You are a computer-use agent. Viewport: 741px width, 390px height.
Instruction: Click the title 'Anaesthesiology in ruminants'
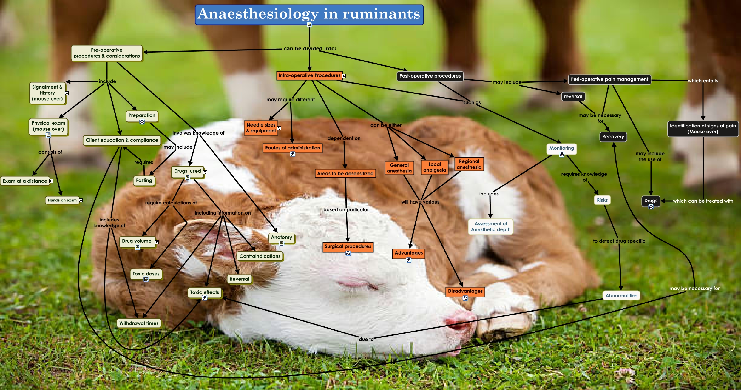(x=309, y=14)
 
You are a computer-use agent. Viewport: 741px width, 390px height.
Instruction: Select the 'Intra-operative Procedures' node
(x=309, y=75)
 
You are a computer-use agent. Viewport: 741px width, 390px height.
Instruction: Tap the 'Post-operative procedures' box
(x=430, y=76)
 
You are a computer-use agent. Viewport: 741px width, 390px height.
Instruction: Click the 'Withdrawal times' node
(x=139, y=323)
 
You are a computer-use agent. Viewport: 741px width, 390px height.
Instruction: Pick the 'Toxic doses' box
(x=146, y=274)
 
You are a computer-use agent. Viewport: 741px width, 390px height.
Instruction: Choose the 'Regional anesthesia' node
(x=469, y=164)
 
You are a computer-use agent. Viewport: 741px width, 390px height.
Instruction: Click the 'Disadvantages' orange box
(x=465, y=291)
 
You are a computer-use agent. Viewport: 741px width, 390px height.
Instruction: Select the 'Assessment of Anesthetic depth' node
(x=490, y=226)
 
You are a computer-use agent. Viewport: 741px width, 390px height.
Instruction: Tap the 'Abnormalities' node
(x=621, y=295)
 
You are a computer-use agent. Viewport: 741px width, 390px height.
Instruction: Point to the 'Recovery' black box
(x=613, y=137)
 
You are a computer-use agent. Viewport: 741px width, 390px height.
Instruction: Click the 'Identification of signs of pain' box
(x=703, y=129)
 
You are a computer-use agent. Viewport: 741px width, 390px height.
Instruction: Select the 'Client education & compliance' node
(x=122, y=140)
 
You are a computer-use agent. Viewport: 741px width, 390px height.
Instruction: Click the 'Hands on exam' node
(x=62, y=200)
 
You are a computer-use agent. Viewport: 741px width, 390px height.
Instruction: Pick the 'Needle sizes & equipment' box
(x=261, y=128)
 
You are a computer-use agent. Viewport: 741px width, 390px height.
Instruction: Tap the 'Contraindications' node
(x=260, y=256)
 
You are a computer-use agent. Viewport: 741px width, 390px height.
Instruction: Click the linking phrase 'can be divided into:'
(x=310, y=48)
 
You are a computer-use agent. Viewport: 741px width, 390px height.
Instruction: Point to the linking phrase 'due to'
(x=366, y=339)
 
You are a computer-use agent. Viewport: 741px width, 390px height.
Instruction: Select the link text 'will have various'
(x=420, y=202)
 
